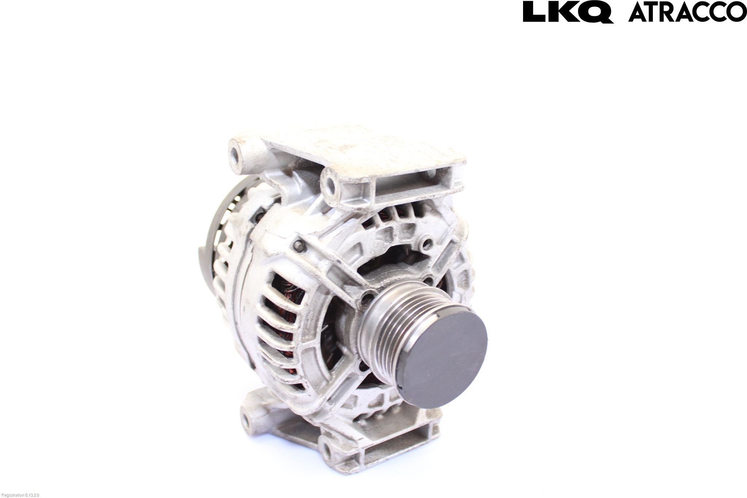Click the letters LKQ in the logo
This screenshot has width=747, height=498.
(568, 12)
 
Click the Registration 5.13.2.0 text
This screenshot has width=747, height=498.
(20, 495)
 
